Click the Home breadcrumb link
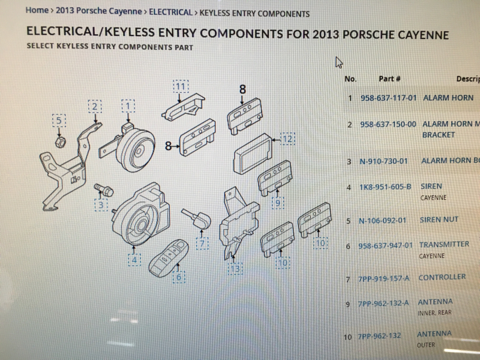pos(37,10)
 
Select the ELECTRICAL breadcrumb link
pos(170,13)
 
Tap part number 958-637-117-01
pos(388,98)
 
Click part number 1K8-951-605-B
pos(385,187)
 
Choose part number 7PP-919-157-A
pos(383,278)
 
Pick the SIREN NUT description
pos(439,220)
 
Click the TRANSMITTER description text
pos(444,244)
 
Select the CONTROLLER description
pos(442,277)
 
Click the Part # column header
pos(389,79)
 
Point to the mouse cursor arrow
pos(338,62)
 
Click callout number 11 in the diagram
pos(181,87)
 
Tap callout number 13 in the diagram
pos(235,268)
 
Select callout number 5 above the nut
pos(59,121)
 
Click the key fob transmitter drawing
pos(169,259)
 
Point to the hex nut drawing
pos(61,142)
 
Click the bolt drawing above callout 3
pos(103,190)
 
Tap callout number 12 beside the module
pos(287,139)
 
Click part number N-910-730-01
pos(383,161)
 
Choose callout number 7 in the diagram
pos(202,244)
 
